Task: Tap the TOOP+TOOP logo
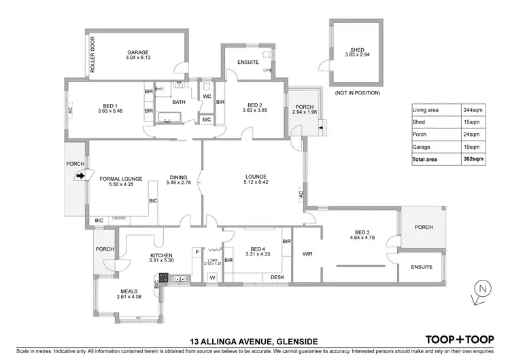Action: pos(459,339)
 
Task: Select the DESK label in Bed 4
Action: pos(277,277)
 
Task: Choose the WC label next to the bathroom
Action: pos(207,96)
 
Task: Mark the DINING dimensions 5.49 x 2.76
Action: pos(178,183)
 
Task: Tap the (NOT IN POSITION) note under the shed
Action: pos(358,92)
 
